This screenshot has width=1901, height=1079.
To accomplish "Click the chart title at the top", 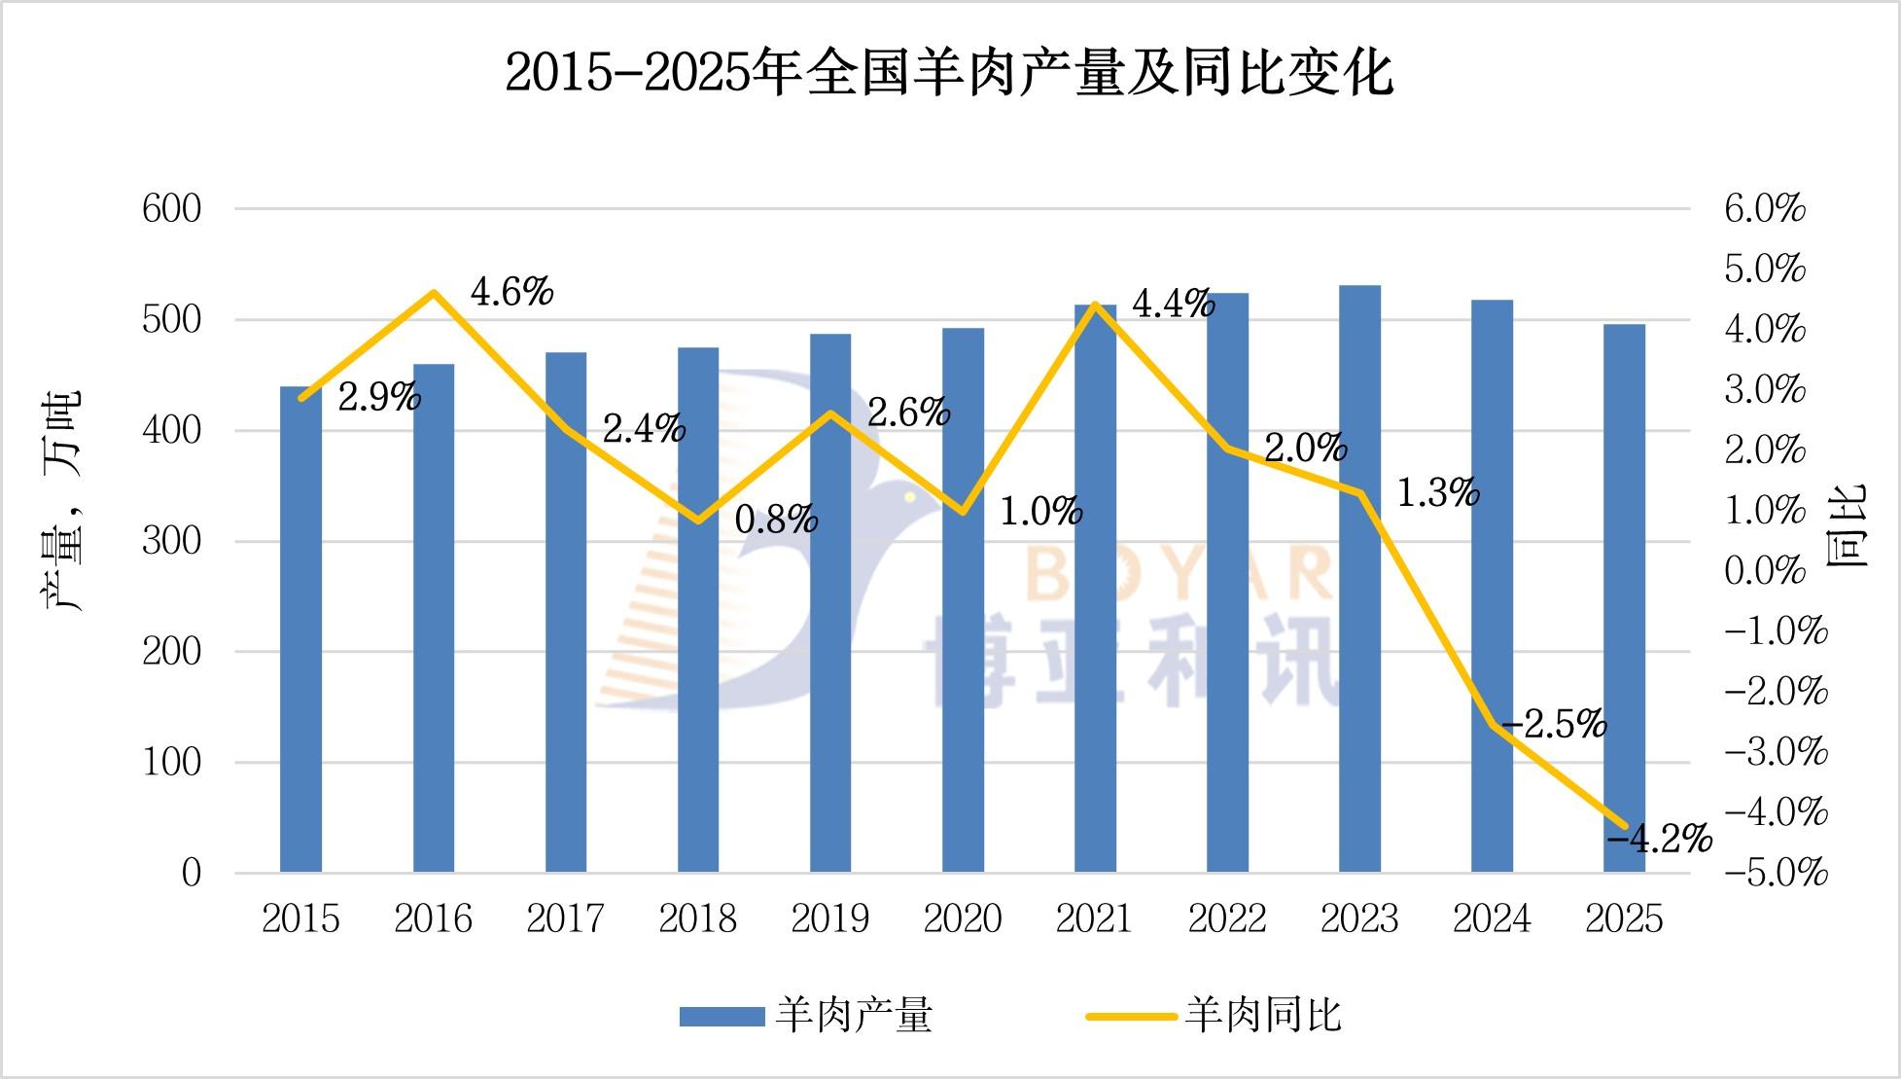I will (949, 73).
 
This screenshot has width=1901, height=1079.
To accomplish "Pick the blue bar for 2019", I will (830, 602).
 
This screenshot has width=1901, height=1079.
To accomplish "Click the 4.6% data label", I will (511, 292).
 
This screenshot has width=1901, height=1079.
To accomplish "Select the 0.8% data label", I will (776, 521).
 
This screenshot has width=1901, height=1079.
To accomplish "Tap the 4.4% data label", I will (1174, 305).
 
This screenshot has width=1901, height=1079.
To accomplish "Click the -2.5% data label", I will (1555, 725).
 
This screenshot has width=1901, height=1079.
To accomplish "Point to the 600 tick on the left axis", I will (172, 209).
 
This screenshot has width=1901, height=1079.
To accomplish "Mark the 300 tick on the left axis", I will (172, 541).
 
